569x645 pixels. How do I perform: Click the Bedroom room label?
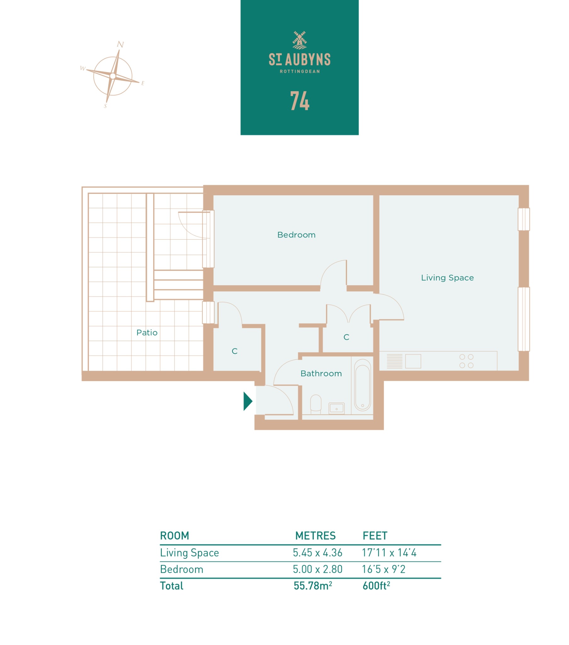pos(296,235)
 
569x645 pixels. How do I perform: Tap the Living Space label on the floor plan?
pos(447,278)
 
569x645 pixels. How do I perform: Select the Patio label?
pos(147,332)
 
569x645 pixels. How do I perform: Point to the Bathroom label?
pos(321,373)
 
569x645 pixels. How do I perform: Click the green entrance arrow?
pos(248,401)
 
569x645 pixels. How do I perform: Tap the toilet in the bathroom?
pos(316,404)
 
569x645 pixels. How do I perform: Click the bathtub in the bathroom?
pos(362,385)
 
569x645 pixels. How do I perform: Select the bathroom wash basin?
pos(336,408)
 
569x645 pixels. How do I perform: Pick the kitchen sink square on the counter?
pos(413,361)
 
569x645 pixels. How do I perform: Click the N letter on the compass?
pos(120,44)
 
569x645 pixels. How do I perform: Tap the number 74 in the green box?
pos(299,101)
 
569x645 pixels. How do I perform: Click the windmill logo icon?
pos(299,40)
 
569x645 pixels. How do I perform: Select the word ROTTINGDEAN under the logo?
pos(300,71)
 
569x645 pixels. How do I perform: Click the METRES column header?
pos(315,535)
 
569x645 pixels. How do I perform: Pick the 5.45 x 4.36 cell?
pos(317,552)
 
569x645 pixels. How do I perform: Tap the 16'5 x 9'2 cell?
pos(384,569)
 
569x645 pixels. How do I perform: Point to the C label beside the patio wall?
pos(235,351)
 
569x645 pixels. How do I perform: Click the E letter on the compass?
pos(143,83)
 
